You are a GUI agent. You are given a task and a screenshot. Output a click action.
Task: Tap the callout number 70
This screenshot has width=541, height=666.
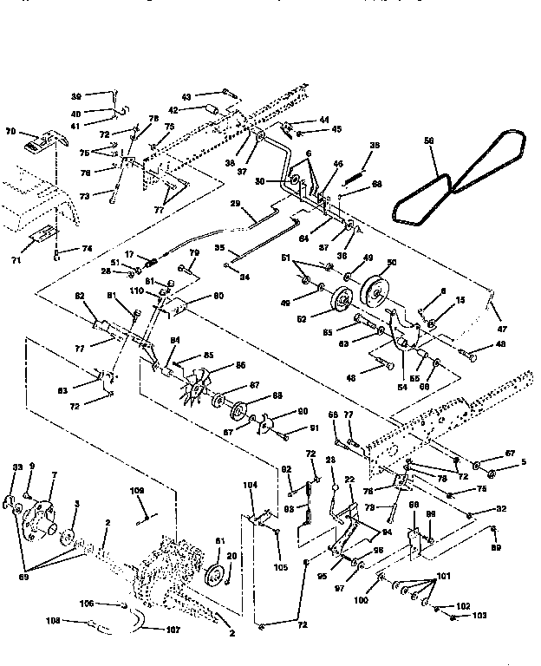[11, 132]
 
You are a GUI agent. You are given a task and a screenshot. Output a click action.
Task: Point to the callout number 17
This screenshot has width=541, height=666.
[128, 254]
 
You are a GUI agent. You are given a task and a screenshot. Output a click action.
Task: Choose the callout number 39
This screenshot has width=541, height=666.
[75, 96]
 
